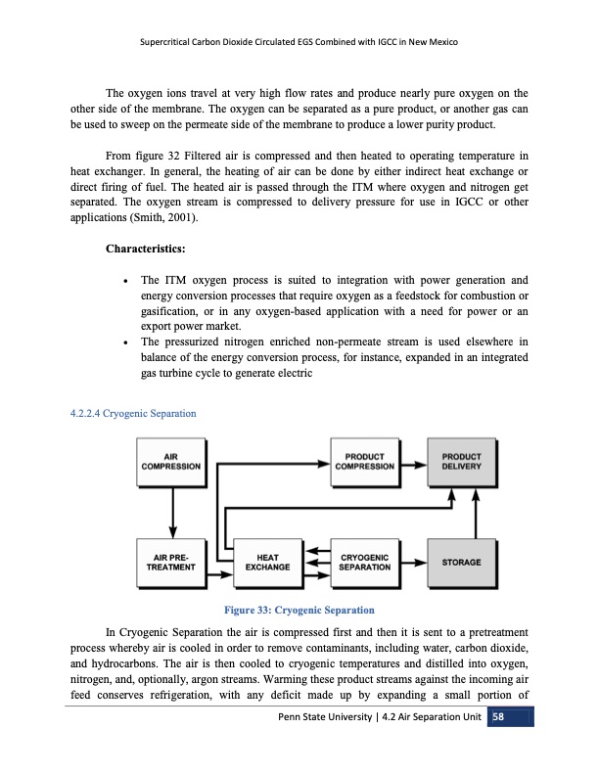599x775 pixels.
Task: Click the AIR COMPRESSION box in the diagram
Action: (171, 460)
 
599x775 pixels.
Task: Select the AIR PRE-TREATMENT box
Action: (171, 562)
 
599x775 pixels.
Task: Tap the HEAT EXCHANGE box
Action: (267, 562)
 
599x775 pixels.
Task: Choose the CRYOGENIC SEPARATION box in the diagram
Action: (364, 562)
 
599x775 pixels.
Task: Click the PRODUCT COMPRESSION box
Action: (364, 460)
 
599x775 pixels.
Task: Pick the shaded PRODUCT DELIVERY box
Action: (461, 460)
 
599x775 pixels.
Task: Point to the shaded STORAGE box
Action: (461, 562)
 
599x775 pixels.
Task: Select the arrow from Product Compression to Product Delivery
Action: (413, 460)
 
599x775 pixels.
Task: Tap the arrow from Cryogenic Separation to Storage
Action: (413, 562)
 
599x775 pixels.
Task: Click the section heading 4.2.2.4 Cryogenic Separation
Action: (134, 414)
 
